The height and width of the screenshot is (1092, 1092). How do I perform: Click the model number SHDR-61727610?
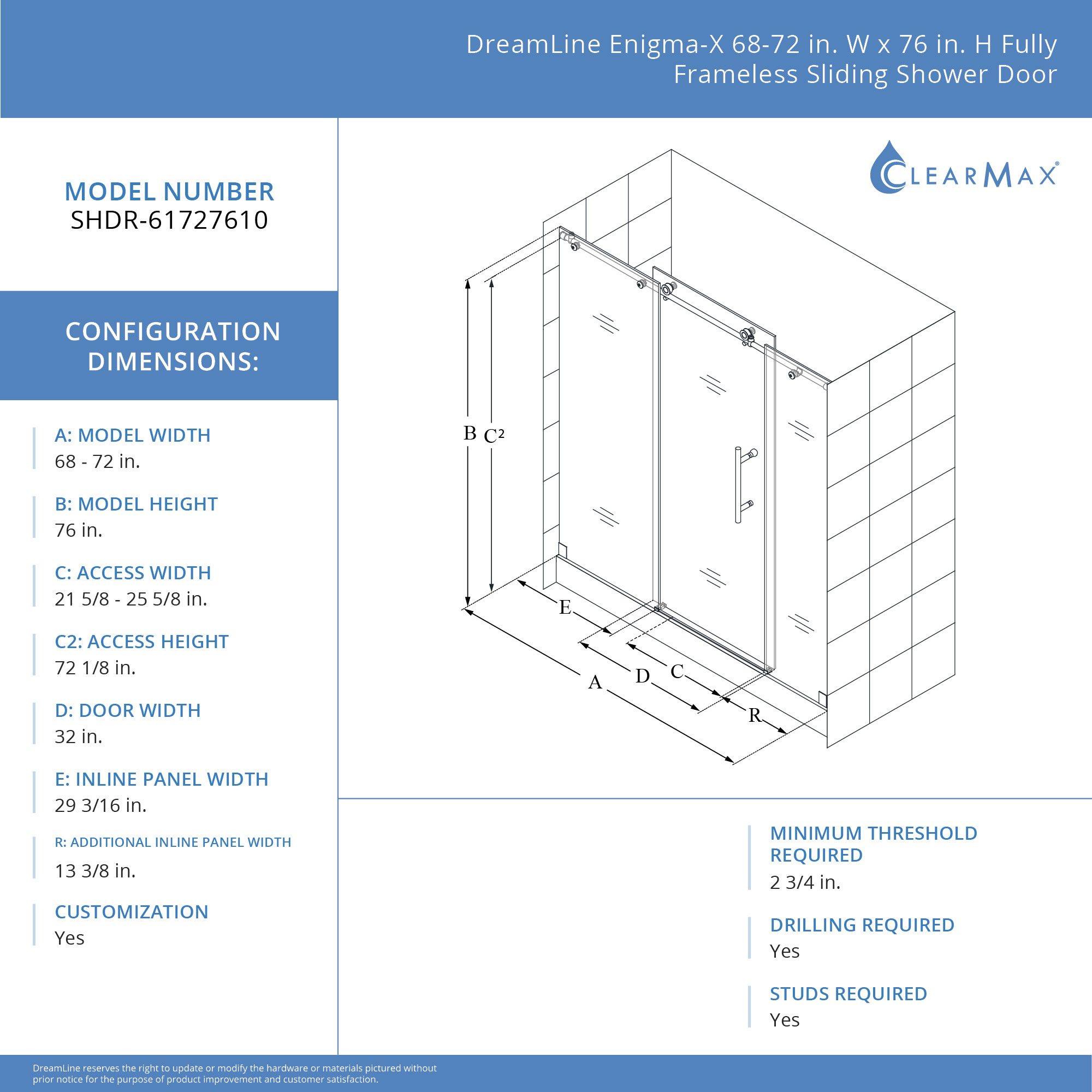[169, 220]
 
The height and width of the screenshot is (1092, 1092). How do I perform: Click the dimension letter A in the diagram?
[595, 682]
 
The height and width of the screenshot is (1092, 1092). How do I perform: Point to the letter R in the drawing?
[755, 715]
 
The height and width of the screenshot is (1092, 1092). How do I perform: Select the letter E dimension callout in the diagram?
[565, 607]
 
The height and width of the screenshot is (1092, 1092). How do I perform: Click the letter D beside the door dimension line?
[643, 676]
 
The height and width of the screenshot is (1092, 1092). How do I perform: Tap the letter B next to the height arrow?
[470, 433]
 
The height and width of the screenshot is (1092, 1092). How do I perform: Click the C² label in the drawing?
[494, 435]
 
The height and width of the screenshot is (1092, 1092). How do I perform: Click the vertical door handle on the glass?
[738, 485]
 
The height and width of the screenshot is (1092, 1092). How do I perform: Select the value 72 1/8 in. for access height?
[95, 668]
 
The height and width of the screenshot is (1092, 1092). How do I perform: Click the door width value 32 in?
[79, 737]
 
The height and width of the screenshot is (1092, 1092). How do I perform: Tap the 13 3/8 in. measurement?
[95, 870]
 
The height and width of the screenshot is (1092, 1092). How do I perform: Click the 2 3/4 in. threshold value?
[805, 882]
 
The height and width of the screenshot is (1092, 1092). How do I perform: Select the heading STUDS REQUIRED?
[848, 994]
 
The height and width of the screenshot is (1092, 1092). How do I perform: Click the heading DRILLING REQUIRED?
[862, 925]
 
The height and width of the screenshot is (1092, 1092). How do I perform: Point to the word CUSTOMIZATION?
[132, 912]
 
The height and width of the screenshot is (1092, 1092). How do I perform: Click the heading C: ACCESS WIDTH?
[133, 573]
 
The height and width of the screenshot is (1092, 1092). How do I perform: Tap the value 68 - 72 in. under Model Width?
[97, 461]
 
